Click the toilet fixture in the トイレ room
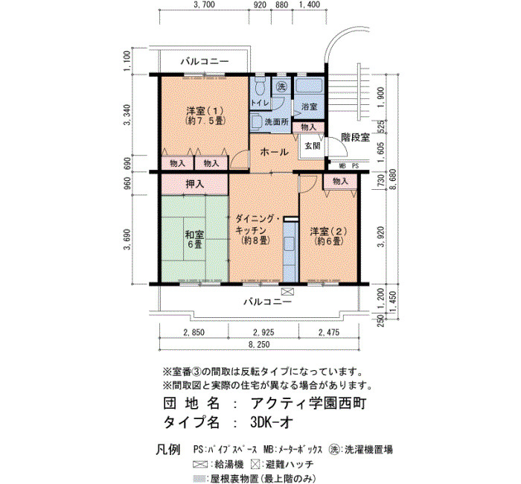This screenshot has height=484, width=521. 260,87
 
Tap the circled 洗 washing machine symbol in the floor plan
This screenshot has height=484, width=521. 281,87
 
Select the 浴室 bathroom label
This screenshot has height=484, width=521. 310,106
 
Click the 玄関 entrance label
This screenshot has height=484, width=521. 313,146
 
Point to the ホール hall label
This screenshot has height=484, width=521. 274,152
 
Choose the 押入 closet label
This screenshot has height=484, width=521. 195,184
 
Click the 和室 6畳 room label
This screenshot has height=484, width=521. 195,240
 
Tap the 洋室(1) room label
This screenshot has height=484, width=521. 205,115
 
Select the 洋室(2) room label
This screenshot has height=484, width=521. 329,236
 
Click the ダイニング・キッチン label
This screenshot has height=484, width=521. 255,229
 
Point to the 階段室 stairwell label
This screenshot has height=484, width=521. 356,137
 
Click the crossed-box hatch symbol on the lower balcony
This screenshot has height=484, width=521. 287,292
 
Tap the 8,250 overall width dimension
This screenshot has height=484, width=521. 260,344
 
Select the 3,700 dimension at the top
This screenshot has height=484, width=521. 204,4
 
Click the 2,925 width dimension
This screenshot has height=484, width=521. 263,332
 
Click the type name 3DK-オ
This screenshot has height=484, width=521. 272,422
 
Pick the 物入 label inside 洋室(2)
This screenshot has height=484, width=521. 340,181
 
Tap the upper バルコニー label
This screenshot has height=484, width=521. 205,62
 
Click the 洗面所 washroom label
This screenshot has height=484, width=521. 276,121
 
